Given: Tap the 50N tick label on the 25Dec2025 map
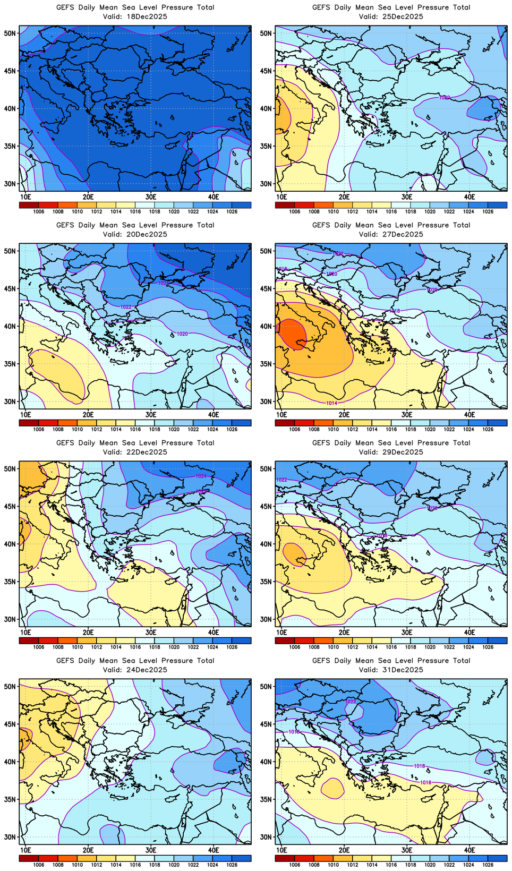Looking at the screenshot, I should [x=266, y=33].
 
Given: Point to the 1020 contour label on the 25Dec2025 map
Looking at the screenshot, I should [x=444, y=98].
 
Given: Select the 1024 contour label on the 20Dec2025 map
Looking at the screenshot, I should [x=164, y=283].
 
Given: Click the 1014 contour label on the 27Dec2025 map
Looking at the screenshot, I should [x=331, y=403].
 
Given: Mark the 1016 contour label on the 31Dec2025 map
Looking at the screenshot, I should [x=425, y=782].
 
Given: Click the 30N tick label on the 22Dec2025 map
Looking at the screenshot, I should [x=10, y=619].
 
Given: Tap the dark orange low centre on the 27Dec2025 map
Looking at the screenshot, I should [x=291, y=334].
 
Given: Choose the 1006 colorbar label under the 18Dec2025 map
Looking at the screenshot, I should [x=38, y=211].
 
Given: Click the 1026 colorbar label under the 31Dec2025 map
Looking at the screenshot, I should [x=488, y=865].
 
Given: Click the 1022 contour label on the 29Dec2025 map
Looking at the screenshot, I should [x=281, y=480].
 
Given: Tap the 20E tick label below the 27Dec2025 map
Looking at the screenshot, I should [x=344, y=414].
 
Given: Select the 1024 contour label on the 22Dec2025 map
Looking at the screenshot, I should [x=201, y=476].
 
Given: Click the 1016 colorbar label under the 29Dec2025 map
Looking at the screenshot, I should [x=391, y=647].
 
